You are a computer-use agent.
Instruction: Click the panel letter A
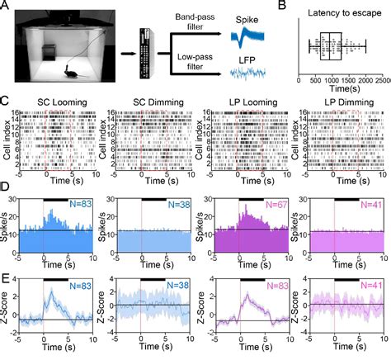point(7,7)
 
